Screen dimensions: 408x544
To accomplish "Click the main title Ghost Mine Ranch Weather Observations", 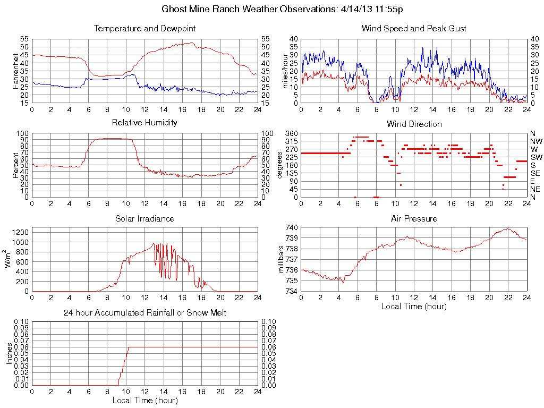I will (x=282, y=9).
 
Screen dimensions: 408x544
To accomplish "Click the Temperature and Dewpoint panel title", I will (x=144, y=28).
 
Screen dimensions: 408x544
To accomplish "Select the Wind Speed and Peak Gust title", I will (x=414, y=28).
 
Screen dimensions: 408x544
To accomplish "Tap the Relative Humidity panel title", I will (x=144, y=123).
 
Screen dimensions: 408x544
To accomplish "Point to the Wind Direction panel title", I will (x=414, y=124).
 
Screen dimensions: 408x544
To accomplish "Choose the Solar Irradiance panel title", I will (x=144, y=218).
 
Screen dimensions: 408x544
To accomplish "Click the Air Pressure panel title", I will (x=414, y=218).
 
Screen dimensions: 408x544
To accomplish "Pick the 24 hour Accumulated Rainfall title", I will (x=144, y=313).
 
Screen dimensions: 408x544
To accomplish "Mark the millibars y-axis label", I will (x=282, y=259).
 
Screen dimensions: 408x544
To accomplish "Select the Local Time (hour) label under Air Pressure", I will (x=414, y=306).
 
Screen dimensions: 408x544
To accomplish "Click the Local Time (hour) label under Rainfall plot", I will (x=144, y=400).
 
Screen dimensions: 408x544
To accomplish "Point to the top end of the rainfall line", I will (x=128, y=347).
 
